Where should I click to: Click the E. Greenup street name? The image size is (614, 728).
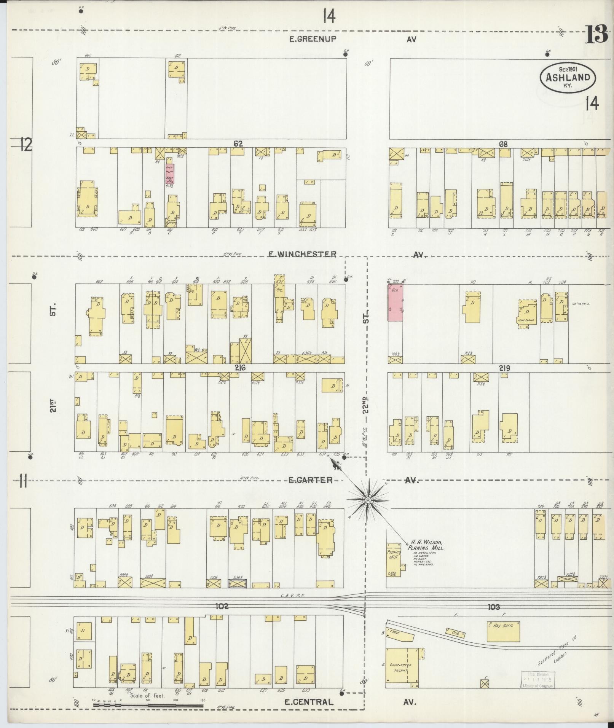(313, 39)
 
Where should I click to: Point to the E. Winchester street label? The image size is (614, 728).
(303, 254)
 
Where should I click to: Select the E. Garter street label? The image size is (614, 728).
(310, 480)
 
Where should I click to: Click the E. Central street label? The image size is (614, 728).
(309, 702)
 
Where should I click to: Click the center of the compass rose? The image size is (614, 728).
(368, 500)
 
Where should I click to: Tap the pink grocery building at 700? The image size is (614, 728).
(396, 303)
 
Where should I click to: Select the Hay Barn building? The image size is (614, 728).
(503, 631)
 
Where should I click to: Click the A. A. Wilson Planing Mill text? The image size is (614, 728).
(425, 545)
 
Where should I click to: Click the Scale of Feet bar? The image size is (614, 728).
(148, 705)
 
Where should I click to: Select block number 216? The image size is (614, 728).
(239, 368)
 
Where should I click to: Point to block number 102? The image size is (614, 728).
(222, 606)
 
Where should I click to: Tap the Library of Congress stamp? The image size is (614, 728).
(537, 680)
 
